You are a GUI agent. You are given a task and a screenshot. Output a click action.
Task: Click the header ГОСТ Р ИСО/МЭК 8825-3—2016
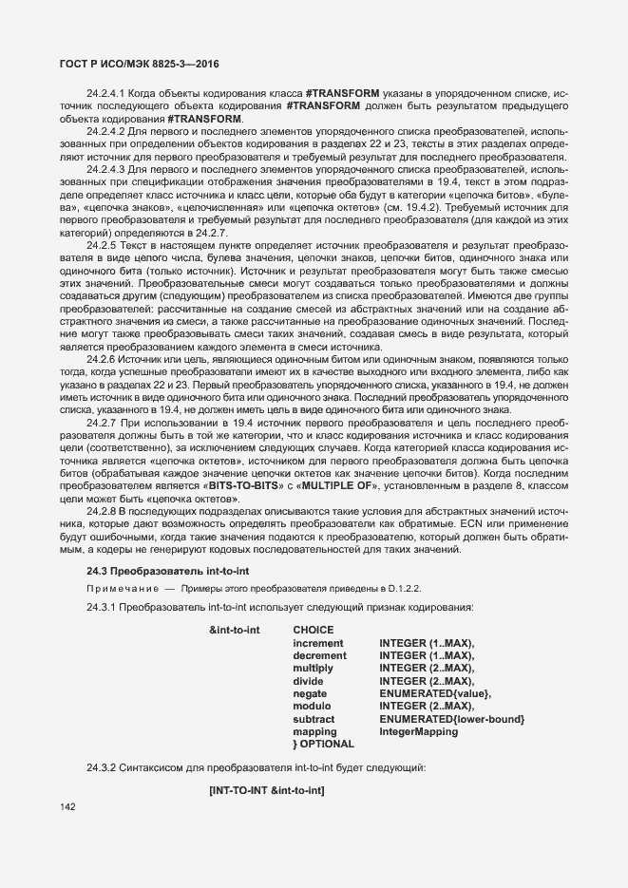pyautogui.click(x=131, y=62)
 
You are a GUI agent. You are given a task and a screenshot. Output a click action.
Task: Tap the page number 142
pyautogui.click(x=67, y=806)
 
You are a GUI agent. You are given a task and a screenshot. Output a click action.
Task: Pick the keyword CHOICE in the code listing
pyautogui.click(x=313, y=630)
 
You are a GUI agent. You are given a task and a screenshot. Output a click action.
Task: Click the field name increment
pyautogui.click(x=318, y=643)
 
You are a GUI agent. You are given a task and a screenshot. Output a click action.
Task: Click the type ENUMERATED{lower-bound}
pyautogui.click(x=451, y=719)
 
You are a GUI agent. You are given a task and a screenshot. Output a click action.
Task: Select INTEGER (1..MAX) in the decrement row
pyautogui.click(x=426, y=655)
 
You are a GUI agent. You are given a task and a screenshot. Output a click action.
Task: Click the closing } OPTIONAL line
pyautogui.click(x=323, y=745)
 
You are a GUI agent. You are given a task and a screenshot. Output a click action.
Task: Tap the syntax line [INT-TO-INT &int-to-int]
pyautogui.click(x=267, y=790)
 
